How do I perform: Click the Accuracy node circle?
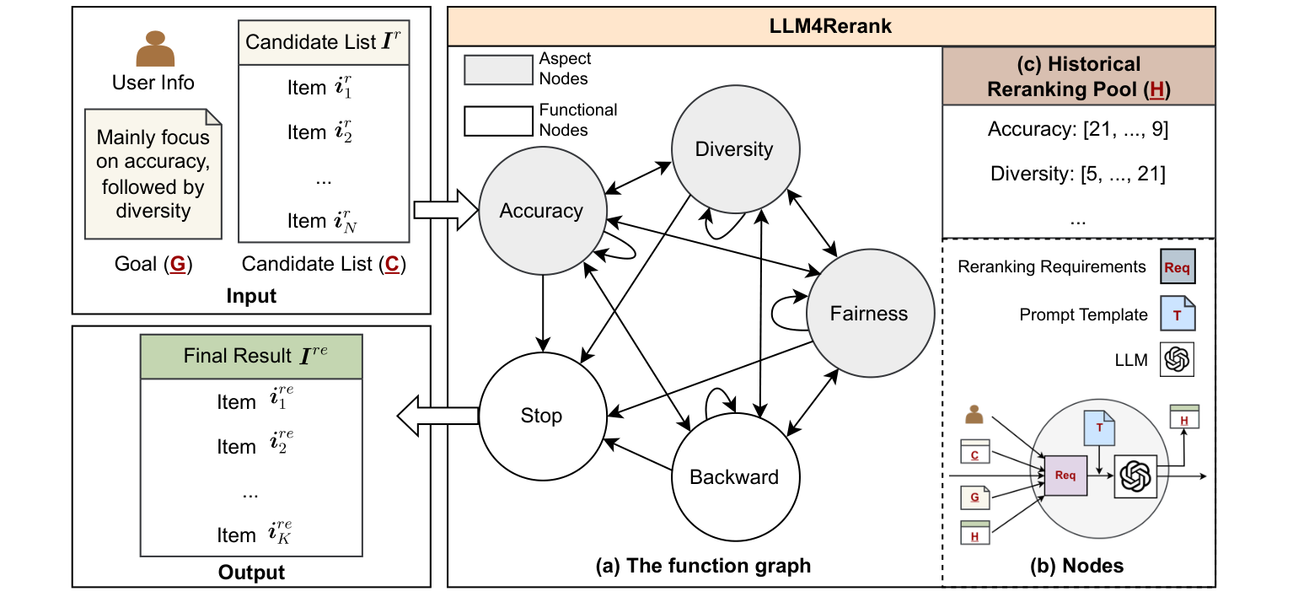point(541,210)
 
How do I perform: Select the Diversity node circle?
point(733,150)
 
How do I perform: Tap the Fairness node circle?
point(869,314)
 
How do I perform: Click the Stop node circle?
point(541,417)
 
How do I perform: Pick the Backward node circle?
point(733,477)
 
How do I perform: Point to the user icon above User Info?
point(155,50)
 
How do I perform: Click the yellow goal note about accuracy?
point(153,173)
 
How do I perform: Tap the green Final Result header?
point(250,357)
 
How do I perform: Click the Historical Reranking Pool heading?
point(1078,76)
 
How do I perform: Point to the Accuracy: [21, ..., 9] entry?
point(1078,131)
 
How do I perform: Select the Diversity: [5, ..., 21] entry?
point(1078,175)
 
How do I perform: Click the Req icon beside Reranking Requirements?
point(1178,268)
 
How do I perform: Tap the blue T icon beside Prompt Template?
point(1178,314)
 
